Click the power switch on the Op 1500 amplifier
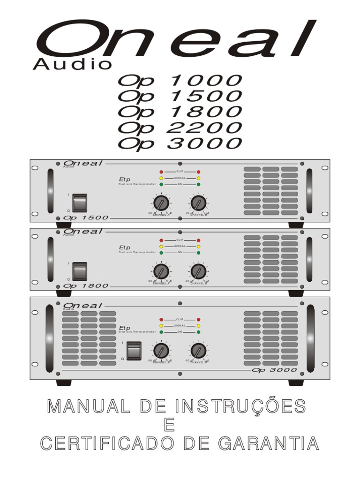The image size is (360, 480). coord(79,202)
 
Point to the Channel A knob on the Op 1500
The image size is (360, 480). coord(161,203)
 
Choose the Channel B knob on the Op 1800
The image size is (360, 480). coord(198,271)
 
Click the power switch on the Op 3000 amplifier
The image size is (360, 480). coord(134,351)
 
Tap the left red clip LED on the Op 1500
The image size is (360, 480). coord(161,172)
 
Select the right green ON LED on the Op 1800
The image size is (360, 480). coord(199,253)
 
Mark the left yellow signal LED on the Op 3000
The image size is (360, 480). coord(161,325)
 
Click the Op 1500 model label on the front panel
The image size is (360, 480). coord(85,218)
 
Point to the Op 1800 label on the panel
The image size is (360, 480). coord(85,285)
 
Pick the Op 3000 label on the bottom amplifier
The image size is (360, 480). coord(274,370)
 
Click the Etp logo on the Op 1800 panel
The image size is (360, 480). coord(125,247)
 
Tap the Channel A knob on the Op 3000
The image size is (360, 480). coord(161,351)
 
